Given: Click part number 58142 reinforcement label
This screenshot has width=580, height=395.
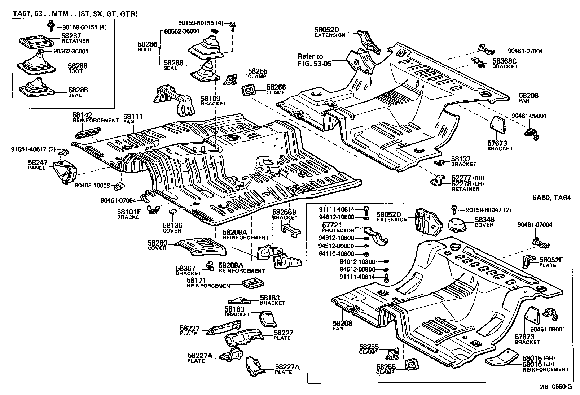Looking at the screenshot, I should (82, 116).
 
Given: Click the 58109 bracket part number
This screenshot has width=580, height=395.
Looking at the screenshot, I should (210, 98).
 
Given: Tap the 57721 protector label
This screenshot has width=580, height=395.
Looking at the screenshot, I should (331, 225).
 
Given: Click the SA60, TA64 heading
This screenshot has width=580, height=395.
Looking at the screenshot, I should (552, 197).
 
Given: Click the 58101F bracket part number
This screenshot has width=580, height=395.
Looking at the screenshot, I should (128, 212).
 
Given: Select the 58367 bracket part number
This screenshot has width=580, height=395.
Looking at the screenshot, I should (185, 268).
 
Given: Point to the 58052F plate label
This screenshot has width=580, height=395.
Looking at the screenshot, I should (551, 260).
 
